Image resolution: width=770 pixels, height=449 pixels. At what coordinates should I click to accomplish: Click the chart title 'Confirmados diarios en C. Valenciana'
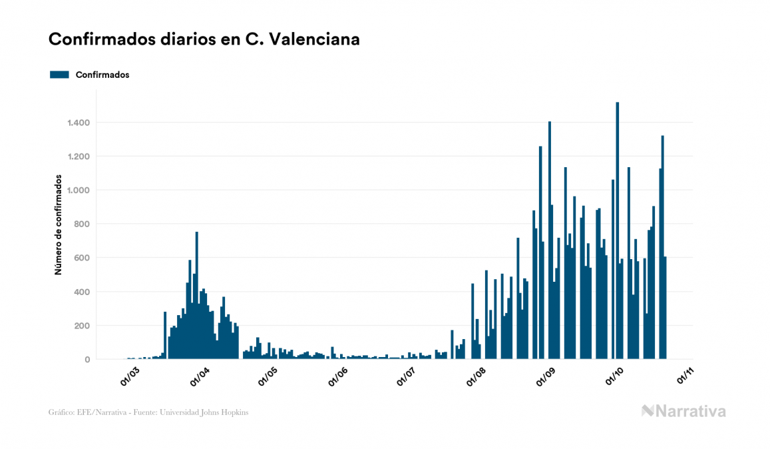(204, 39)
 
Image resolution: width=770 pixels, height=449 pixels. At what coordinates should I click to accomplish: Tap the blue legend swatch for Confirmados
(59, 75)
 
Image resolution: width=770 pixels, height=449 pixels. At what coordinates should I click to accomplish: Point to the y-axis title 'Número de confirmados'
(59, 225)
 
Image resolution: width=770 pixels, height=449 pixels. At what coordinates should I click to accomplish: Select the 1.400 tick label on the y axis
(78, 123)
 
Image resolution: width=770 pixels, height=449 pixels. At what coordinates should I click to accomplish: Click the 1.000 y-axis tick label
(78, 191)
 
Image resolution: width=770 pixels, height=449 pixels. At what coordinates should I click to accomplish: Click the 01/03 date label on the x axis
(130, 376)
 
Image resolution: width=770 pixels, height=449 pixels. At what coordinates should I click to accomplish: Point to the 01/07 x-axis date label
(406, 376)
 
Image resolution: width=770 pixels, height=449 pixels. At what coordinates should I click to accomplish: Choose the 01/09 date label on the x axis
(546, 376)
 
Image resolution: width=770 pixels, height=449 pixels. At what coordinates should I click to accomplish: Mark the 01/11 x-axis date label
(685, 376)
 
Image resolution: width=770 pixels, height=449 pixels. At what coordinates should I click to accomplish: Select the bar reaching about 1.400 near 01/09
(550, 240)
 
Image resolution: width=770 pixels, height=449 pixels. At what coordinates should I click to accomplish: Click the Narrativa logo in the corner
(683, 411)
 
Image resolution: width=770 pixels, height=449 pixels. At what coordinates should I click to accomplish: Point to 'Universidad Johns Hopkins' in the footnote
(212, 412)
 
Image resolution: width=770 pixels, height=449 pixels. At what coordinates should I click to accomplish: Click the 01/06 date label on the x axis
(337, 376)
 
